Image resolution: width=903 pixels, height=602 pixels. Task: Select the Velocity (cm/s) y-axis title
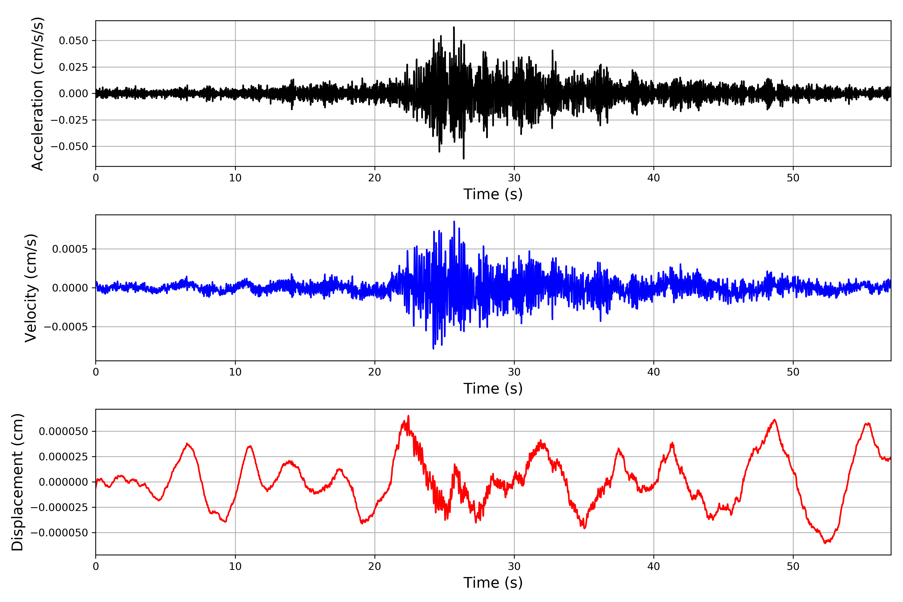coord(31,288)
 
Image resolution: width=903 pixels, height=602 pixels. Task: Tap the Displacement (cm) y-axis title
coord(18,482)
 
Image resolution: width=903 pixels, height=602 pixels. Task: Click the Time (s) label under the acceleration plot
coord(493,194)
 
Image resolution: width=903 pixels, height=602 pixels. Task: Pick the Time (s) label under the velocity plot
coord(493,389)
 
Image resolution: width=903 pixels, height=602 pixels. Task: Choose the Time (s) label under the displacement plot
coord(493,583)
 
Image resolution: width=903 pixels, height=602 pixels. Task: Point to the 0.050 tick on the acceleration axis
coord(73,41)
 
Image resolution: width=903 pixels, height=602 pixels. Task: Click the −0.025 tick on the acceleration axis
coord(69,120)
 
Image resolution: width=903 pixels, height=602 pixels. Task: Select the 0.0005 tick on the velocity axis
coord(70,249)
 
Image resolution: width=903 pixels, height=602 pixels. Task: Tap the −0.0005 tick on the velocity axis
coord(66,327)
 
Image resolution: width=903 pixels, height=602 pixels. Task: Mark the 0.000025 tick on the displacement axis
coord(63,457)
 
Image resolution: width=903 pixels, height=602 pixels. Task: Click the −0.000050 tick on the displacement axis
coord(59,533)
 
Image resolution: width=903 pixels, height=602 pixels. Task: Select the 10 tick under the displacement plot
coord(235,567)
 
